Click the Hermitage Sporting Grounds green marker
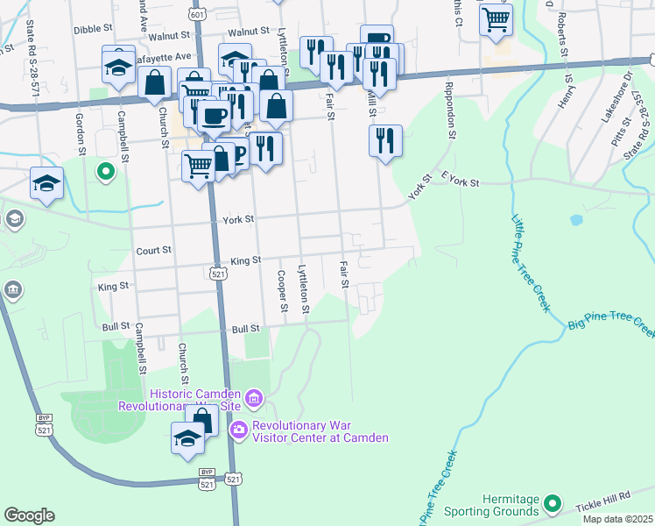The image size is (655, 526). [x=552, y=503]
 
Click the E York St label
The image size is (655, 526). [x=461, y=182]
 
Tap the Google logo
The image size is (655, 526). [x=29, y=515]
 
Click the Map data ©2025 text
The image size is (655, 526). [x=617, y=519]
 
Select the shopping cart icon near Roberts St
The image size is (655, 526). [x=497, y=18]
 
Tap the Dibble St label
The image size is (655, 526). [x=89, y=29]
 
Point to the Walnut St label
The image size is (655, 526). [x=169, y=36]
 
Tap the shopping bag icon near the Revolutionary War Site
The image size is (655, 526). [x=202, y=419]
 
